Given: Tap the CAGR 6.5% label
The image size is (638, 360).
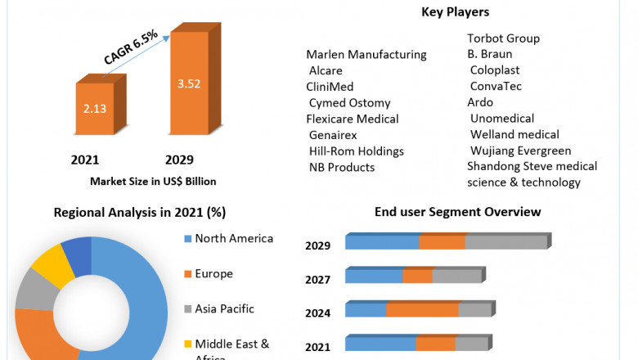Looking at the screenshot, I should [x=130, y=47].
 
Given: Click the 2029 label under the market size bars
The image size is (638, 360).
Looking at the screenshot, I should [x=179, y=160].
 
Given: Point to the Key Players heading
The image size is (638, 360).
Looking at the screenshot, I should [x=455, y=12].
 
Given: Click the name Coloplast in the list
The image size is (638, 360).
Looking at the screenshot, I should [x=495, y=70].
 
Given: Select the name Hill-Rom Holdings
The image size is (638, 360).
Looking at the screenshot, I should [x=356, y=151].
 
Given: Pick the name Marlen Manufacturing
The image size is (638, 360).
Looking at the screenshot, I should [x=366, y=55].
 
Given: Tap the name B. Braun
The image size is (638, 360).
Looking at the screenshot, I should [x=490, y=55].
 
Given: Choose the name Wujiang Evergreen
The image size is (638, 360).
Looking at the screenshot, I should [x=520, y=151].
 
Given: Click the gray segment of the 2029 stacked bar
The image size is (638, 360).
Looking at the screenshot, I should [x=505, y=242].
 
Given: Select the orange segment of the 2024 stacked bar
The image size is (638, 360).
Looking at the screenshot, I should [x=422, y=309].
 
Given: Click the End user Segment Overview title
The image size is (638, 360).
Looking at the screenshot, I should [x=457, y=212].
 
